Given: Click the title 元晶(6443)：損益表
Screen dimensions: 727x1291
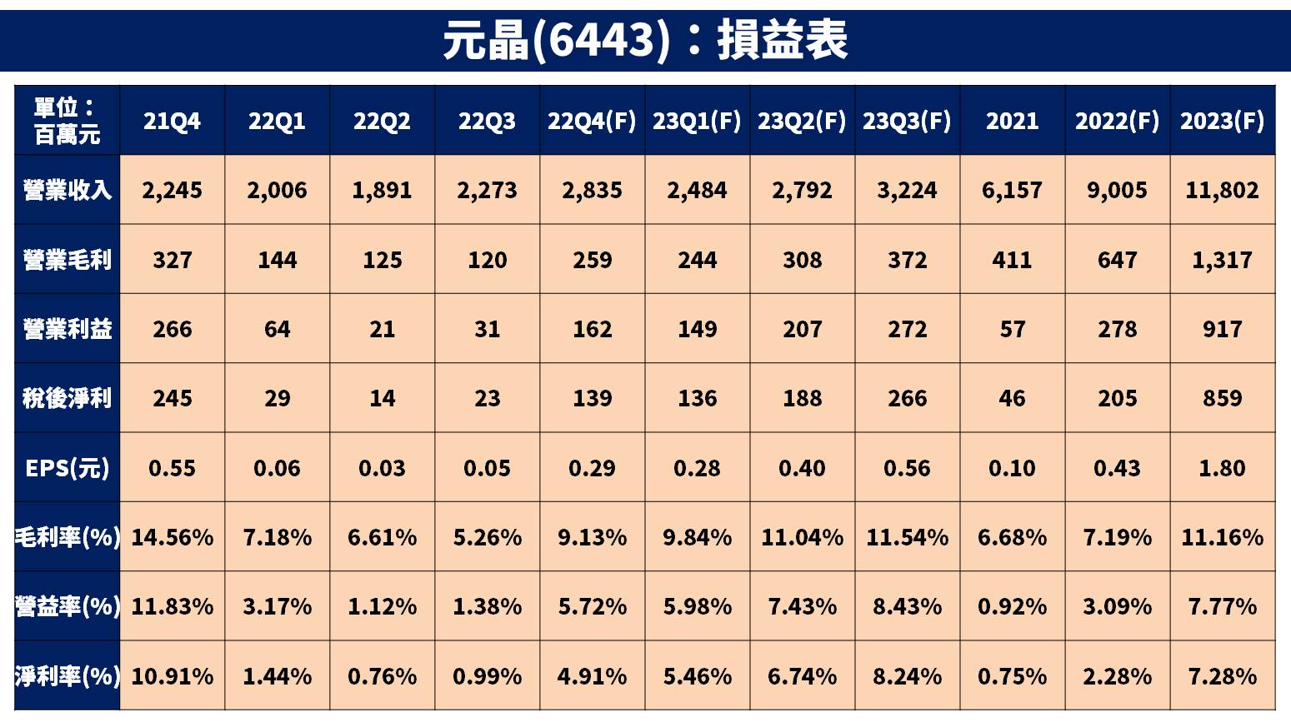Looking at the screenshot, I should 645,40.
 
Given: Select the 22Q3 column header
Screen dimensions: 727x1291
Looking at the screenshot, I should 487,121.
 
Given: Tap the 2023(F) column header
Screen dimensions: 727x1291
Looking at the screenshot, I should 1222,121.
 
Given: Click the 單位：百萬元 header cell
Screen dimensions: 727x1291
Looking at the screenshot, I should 67,121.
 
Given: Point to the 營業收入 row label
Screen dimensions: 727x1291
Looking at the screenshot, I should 67,190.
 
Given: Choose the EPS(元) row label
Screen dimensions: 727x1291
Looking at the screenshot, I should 67,468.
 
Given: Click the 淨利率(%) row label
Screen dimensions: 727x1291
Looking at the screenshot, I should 67,675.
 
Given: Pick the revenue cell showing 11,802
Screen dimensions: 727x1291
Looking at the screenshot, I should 1222,190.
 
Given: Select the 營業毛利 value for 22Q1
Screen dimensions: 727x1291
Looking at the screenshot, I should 277,260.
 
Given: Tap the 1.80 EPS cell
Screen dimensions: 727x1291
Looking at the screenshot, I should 1222,468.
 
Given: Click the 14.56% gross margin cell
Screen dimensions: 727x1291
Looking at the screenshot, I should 172,537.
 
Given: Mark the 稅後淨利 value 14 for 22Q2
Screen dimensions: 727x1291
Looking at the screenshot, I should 382,398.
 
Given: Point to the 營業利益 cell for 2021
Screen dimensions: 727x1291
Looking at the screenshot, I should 1012,329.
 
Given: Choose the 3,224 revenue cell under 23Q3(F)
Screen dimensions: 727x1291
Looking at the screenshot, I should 907,190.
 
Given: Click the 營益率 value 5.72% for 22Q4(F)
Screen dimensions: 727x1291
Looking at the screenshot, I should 592,606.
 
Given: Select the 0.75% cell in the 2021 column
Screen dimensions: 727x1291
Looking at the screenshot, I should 1012,675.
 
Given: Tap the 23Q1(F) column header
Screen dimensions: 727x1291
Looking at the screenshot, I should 697,121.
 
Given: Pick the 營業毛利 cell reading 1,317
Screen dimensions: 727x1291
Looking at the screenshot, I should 1222,260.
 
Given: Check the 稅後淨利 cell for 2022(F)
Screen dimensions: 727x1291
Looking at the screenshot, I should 1117,398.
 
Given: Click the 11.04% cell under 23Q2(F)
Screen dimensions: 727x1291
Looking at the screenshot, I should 802,537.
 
